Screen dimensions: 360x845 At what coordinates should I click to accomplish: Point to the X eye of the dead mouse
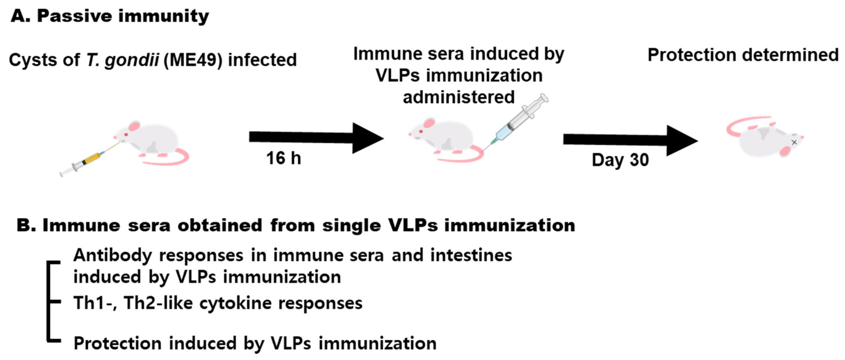794,142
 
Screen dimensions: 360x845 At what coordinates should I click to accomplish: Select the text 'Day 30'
620,160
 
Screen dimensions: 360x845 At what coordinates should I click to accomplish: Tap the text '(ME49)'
193,60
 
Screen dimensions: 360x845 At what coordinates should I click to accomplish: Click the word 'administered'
459,97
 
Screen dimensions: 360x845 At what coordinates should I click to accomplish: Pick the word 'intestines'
471,255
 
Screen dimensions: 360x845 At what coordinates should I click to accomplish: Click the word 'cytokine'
236,303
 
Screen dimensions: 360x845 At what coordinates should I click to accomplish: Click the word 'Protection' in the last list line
117,344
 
